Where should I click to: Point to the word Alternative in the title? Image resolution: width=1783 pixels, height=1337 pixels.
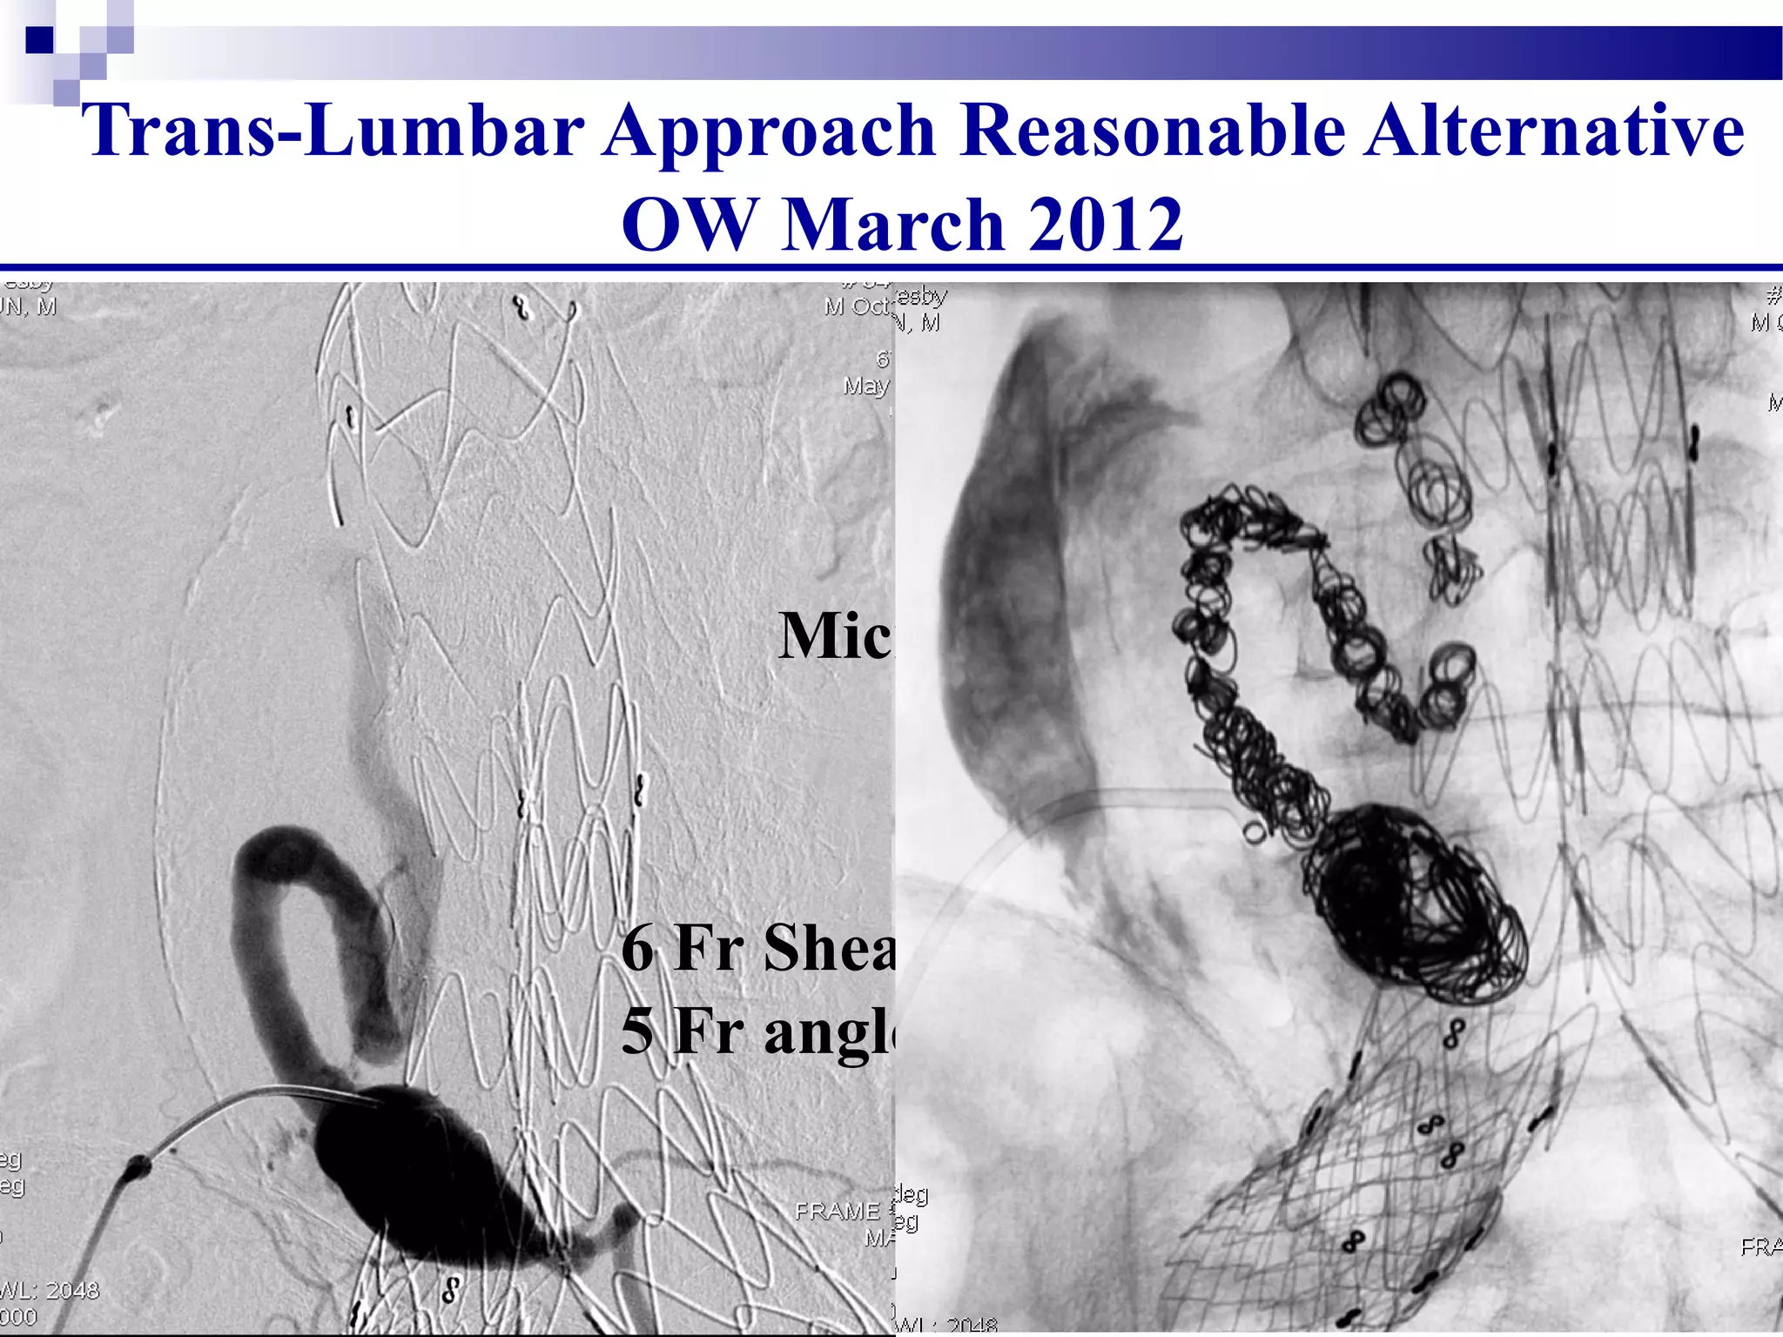(x=1554, y=131)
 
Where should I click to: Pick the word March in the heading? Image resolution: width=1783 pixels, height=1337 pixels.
(x=891, y=225)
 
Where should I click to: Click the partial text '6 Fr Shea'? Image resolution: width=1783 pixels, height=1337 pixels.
(x=757, y=947)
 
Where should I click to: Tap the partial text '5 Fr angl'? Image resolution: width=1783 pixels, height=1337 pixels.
(x=757, y=1031)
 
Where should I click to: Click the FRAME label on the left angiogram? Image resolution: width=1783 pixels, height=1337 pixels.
(x=837, y=1211)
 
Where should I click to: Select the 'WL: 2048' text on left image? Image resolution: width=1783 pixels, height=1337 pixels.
(x=50, y=1290)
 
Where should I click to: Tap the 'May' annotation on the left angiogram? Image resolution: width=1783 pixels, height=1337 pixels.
(x=865, y=385)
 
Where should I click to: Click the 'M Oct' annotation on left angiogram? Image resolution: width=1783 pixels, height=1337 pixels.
(x=857, y=306)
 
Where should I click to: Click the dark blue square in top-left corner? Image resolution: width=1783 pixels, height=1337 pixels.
(x=39, y=40)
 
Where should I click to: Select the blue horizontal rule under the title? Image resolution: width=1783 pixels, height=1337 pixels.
(x=891, y=267)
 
